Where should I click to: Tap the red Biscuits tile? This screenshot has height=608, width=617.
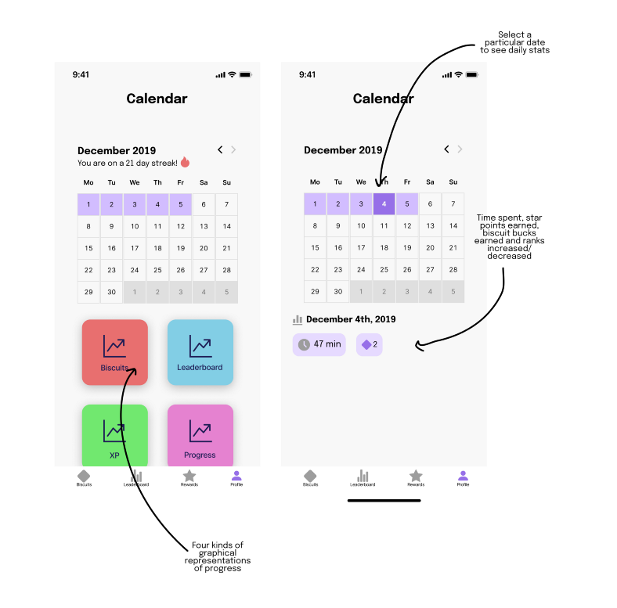pos(114,352)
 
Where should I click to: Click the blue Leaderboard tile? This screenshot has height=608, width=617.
pos(200,352)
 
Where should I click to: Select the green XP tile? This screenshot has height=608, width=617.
pos(114,435)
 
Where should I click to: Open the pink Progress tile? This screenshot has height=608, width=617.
pos(200,435)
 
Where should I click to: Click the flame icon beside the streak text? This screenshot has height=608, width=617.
pos(185,163)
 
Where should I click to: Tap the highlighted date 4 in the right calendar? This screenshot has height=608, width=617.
pos(384,204)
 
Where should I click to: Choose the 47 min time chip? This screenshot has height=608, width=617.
pos(319,344)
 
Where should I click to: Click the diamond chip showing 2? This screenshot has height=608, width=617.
pos(369,344)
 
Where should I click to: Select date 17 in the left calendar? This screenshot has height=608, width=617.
pos(135,248)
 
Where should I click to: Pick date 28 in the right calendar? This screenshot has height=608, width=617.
pos(453,269)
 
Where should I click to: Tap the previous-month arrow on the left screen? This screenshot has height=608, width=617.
pos(220,149)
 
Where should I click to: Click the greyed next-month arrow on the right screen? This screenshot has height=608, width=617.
pos(460,149)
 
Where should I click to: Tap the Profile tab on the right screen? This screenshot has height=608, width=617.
pos(463,478)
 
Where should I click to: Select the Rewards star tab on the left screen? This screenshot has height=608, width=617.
pos(189,478)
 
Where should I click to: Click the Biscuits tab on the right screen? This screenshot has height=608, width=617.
pos(310,478)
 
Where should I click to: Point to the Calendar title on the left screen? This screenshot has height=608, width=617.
pos(157,99)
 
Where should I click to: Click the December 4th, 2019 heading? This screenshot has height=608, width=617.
pos(350,319)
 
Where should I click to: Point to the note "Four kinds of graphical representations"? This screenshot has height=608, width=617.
pos(217,556)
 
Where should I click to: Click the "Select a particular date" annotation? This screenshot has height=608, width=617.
pos(514,42)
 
